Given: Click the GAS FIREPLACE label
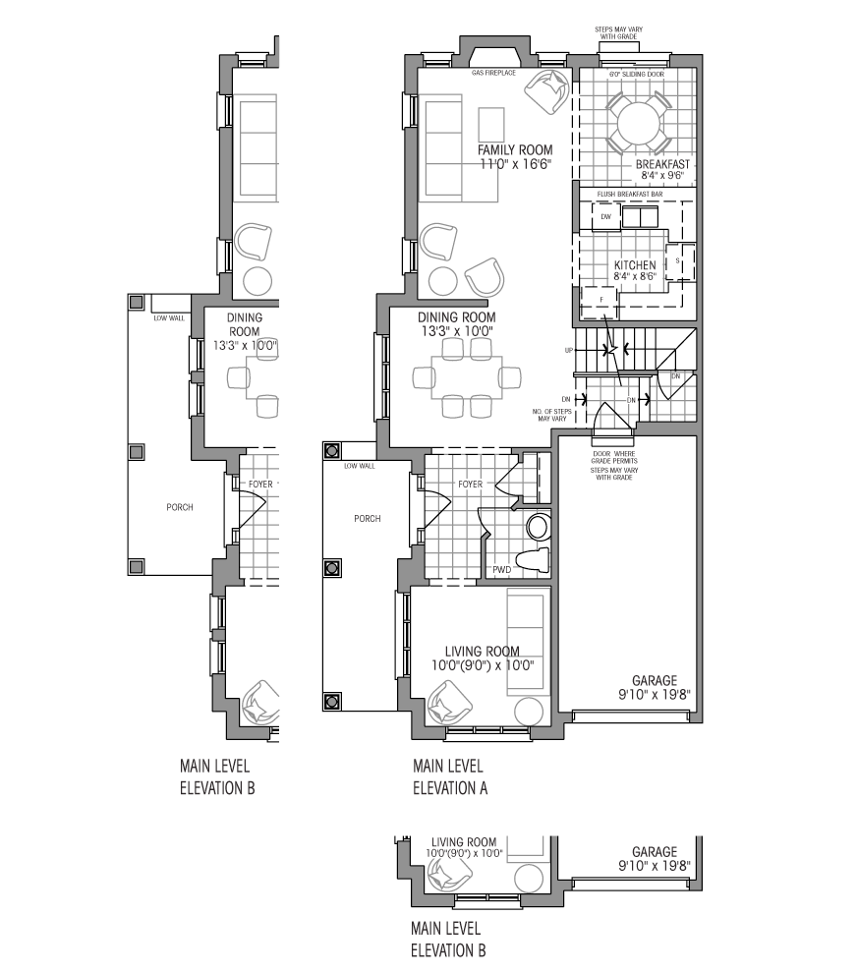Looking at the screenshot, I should (x=493, y=74).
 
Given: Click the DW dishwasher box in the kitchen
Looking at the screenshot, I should (x=606, y=216).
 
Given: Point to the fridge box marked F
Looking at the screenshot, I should (x=600, y=298).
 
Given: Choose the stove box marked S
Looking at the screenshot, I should (x=680, y=260).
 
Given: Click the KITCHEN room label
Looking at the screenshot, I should (x=635, y=266).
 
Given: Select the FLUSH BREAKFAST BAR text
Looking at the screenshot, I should (x=630, y=195).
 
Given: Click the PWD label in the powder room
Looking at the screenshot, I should (x=501, y=570).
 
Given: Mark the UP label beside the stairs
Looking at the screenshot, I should (x=568, y=350).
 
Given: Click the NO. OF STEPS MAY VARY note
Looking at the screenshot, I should (x=551, y=413).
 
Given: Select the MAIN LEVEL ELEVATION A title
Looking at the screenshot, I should (x=450, y=776).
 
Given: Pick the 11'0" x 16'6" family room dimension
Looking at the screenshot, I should (x=515, y=164).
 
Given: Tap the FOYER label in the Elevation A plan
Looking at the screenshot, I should (x=471, y=485).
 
